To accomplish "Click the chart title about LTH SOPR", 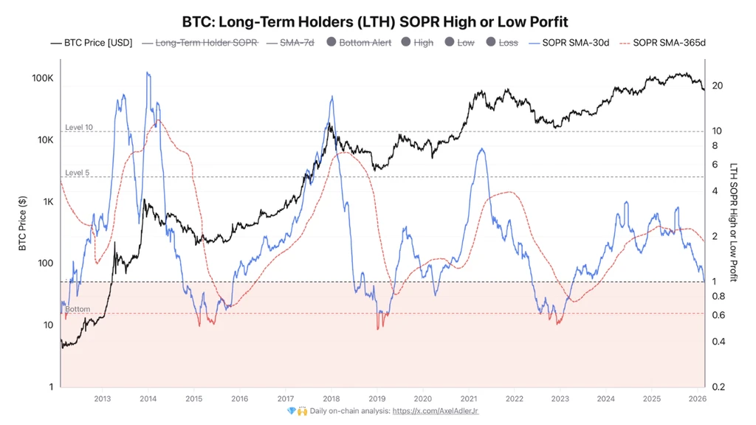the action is pos(374,21).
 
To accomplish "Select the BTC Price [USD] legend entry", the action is pos(92,43).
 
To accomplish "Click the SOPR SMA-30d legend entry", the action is pos(569,43).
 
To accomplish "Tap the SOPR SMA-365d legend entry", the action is pos(662,43).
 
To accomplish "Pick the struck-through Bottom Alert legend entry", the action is pos(359,43).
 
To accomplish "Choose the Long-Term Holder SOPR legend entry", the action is pos(200,43).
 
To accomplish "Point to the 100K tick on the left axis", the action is pos(43,78).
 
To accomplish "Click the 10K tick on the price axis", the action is pos(45,139).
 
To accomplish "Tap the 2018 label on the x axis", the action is pos(331,398).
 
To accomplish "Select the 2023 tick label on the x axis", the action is pos(560,398).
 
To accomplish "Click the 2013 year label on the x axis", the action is pos(102,398).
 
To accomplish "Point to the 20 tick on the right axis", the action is pos(718,86).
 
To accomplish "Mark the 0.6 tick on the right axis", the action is pos(718,315).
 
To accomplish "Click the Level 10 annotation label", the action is pos(79,127).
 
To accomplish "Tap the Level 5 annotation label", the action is pos(77,173).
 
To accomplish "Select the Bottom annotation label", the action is pos(78,309).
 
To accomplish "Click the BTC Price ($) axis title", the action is pos(22,223).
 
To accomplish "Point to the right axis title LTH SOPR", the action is pos(733,222).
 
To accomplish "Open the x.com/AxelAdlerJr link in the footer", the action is pos(436,411).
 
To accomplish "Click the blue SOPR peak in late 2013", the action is pos(148,73).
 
